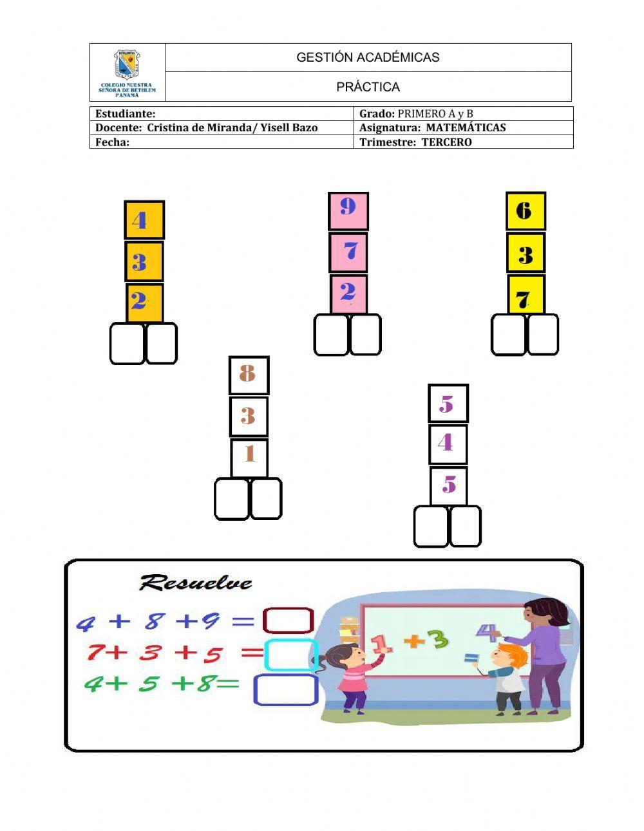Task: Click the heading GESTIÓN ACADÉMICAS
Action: coord(368,57)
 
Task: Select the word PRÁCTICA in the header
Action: coord(368,87)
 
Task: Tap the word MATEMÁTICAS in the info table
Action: coord(466,127)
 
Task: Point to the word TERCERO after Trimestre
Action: coord(446,142)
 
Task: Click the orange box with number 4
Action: coord(144,220)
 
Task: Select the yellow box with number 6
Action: coord(526,211)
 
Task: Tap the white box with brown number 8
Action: coord(249,375)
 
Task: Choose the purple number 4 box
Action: coord(448,444)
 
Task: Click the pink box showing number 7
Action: coord(348,252)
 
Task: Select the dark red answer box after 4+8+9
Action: coord(288,621)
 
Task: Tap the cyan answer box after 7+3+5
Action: coord(290,655)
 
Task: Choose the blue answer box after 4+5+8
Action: coord(286,689)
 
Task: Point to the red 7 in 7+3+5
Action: coord(95,653)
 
